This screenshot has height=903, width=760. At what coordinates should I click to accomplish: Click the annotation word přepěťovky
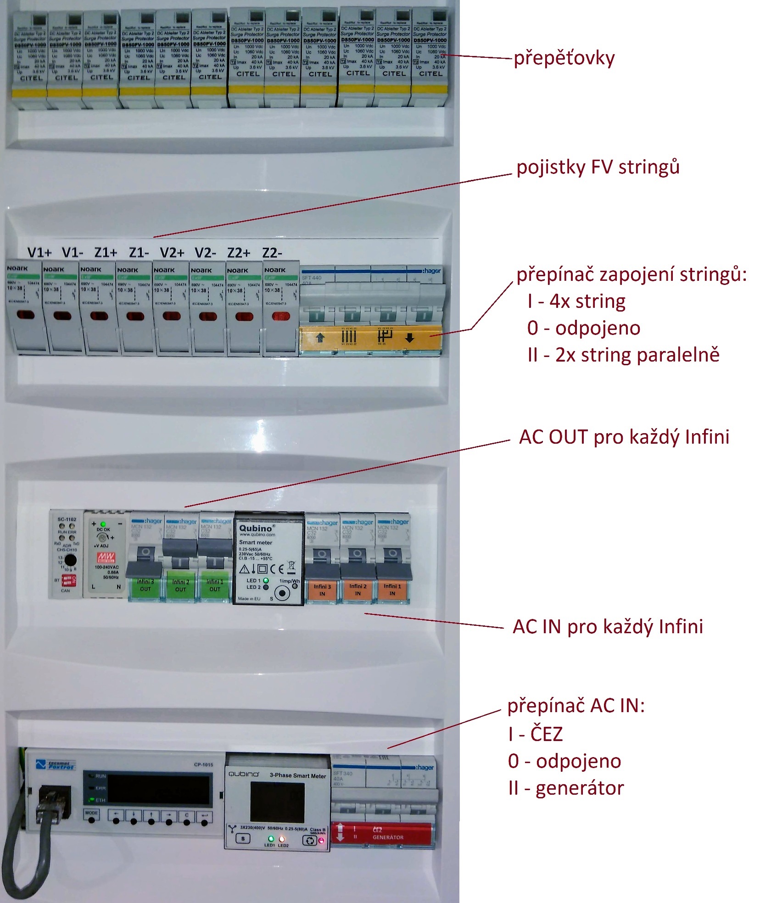click(x=564, y=58)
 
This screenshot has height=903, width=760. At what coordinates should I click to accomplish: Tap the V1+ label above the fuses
click(x=39, y=252)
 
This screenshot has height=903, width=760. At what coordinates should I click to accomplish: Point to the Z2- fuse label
click(x=272, y=253)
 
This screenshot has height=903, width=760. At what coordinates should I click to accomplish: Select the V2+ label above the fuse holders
click(x=172, y=252)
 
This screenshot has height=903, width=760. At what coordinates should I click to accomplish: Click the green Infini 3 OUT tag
click(x=145, y=585)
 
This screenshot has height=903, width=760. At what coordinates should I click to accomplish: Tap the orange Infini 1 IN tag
click(x=392, y=590)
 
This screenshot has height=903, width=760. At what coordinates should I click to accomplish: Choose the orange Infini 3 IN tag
click(x=322, y=590)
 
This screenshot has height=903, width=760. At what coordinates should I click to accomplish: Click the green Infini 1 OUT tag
click(x=215, y=585)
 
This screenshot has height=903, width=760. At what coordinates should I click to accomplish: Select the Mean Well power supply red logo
click(x=106, y=557)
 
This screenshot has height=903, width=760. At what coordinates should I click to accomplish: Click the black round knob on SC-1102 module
click(x=70, y=560)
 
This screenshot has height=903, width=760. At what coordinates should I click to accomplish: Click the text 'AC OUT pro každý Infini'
click(x=624, y=437)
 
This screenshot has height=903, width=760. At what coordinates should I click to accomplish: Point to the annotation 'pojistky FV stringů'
click(x=598, y=167)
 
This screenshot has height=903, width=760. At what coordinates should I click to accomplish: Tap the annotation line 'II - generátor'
click(x=565, y=788)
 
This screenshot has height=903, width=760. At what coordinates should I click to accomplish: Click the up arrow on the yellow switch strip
click(x=320, y=338)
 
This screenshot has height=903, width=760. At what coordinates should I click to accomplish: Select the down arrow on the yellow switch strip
click(x=409, y=338)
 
